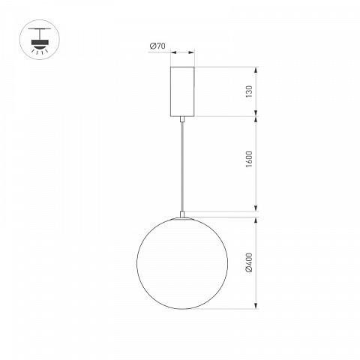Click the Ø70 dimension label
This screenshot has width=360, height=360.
click(157, 46)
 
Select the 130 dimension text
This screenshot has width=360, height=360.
click(249, 91)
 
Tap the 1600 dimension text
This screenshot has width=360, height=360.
click(249, 159)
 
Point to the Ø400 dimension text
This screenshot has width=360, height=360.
click(249, 262)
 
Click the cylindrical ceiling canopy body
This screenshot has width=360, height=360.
click(182, 91)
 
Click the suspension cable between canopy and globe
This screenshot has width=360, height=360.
click(182, 166)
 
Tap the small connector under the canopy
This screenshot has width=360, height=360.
click(182, 119)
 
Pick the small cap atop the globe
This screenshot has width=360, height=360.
click(182, 214)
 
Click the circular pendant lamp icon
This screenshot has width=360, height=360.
click(40, 40)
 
